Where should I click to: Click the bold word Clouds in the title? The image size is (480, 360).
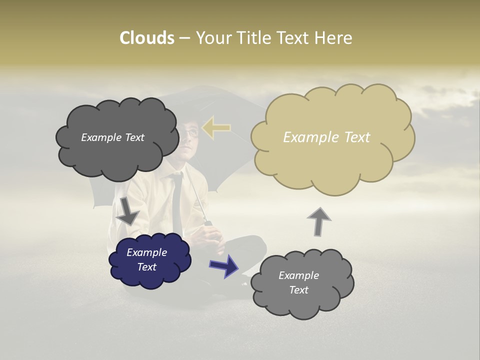pyautogui.click(x=146, y=38)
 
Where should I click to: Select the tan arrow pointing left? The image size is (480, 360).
pyautogui.click(x=216, y=128)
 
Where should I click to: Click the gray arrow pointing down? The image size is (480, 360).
pyautogui.click(x=127, y=210)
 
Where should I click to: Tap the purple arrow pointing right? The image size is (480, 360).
pyautogui.click(x=224, y=265)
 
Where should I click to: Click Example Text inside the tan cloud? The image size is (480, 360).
pyautogui.click(x=326, y=137)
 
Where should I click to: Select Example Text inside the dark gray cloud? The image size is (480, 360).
pyautogui.click(x=112, y=137)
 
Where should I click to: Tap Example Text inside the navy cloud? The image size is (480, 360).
pyautogui.click(x=146, y=259)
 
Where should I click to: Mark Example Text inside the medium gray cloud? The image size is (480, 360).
pyautogui.click(x=298, y=282)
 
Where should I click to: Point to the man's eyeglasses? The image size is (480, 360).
pyautogui.click(x=191, y=132)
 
